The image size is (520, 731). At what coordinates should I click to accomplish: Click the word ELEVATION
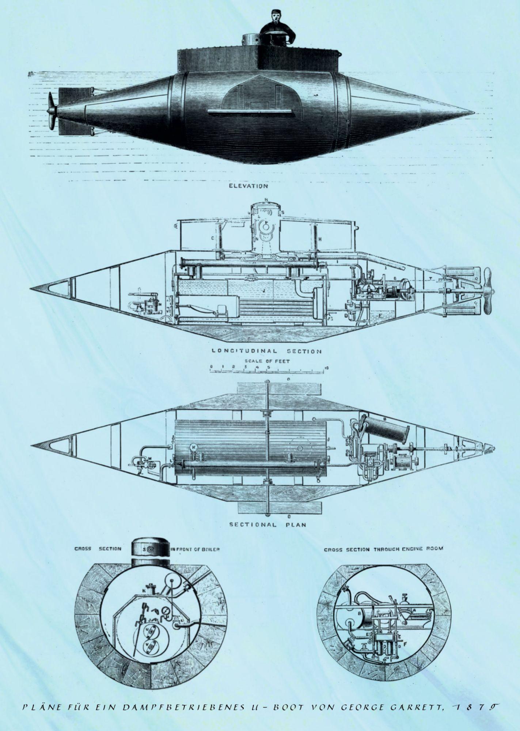(248, 186)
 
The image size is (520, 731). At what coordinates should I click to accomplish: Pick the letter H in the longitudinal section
(320, 239)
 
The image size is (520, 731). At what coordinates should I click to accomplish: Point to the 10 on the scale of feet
(326, 368)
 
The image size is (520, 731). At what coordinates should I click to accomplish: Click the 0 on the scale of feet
(211, 367)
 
